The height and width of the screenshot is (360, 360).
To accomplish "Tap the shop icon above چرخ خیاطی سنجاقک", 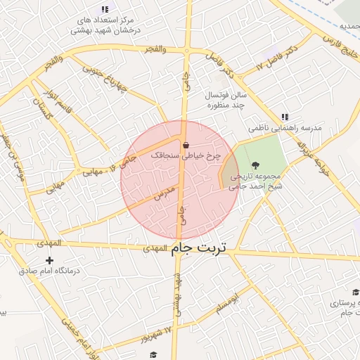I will (186, 146).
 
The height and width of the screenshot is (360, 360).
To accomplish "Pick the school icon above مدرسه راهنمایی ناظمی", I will (284, 117).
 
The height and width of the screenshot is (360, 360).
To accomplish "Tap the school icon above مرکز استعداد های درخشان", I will (105, 9).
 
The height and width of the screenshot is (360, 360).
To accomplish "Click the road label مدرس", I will (163, 193).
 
